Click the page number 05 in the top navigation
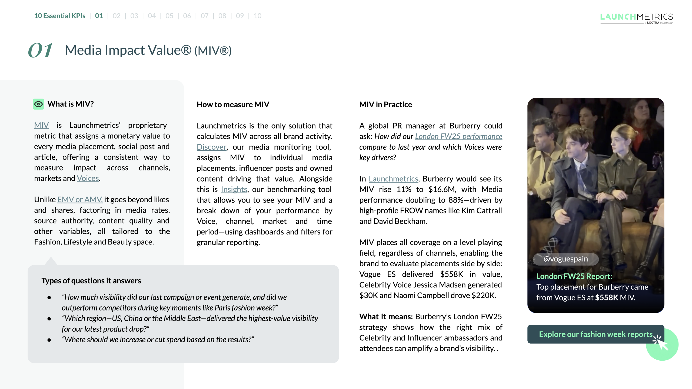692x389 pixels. point(169,16)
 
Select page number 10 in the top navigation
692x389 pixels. point(257,16)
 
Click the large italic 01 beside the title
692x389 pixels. point(41,50)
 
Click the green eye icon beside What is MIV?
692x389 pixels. point(38,104)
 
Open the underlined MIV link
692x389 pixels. point(41,125)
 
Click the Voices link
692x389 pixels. point(88,178)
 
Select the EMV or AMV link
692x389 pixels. point(80,200)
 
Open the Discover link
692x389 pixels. point(211,147)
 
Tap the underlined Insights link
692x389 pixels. point(234,189)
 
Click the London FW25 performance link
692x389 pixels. point(458,136)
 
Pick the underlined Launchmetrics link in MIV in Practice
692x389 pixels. point(393,179)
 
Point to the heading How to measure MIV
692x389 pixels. point(233,105)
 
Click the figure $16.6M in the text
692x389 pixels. point(442,189)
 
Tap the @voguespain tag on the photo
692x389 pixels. point(565,259)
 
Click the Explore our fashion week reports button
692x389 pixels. point(595,334)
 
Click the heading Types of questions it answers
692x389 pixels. point(91,281)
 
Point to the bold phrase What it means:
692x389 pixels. point(386,317)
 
